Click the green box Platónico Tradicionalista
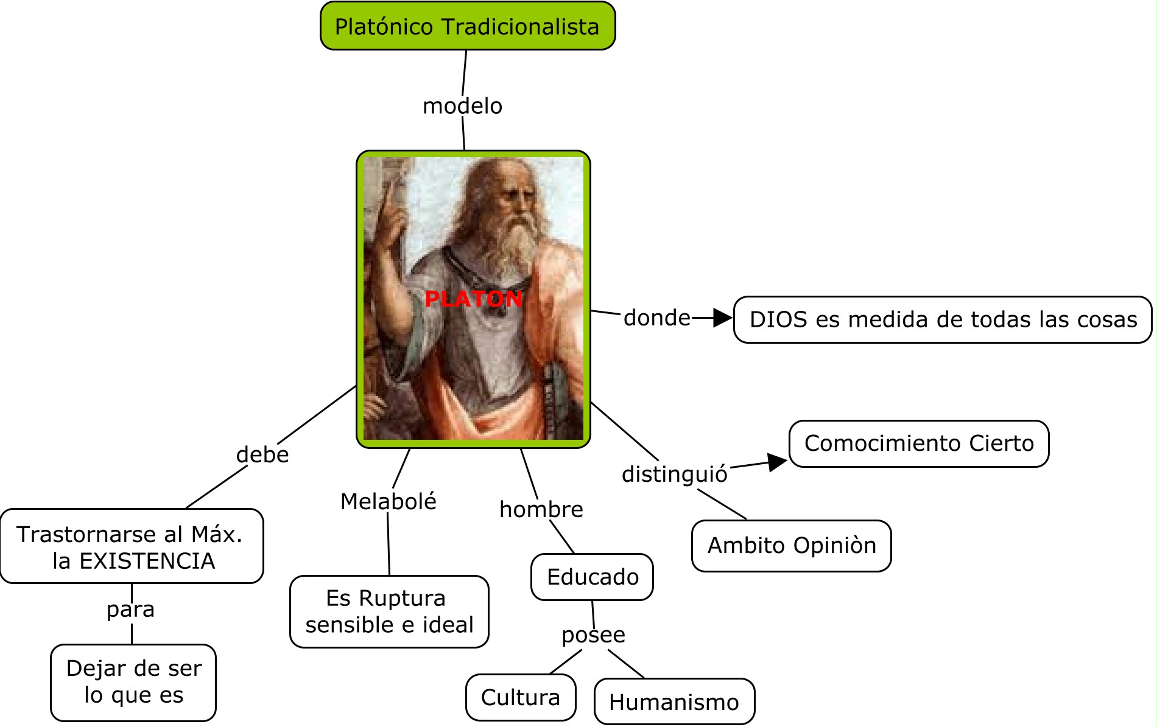(467, 26)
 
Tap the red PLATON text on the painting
(473, 299)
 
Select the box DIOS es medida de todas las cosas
(943, 320)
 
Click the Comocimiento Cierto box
(918, 444)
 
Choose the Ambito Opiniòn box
(791, 546)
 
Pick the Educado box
(592, 577)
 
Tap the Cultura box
(520, 697)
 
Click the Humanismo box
(673, 702)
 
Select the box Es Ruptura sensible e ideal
(389, 611)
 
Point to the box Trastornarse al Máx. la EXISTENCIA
(132, 546)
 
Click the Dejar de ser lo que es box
(133, 682)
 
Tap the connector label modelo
(462, 106)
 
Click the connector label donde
(656, 318)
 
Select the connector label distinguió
(674, 474)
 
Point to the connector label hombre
(541, 509)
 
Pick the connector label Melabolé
(388, 501)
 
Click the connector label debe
(262, 454)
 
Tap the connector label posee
(593, 635)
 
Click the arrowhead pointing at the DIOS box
(722, 318)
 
